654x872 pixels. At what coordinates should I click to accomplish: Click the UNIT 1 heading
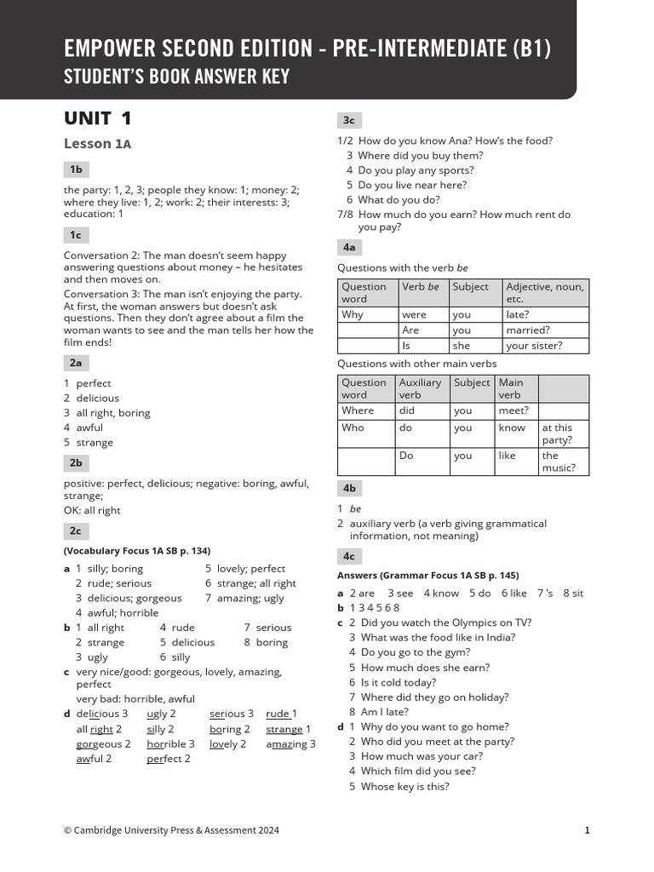(98, 118)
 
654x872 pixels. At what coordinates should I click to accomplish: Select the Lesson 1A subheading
(97, 144)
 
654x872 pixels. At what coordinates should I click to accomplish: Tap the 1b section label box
(76, 169)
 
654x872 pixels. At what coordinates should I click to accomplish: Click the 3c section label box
(349, 120)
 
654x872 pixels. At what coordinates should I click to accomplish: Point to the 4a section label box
(349, 247)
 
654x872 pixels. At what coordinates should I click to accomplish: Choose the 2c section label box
(76, 531)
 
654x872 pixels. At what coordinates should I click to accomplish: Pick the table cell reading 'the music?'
(559, 461)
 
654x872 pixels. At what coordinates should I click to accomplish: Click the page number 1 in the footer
(587, 830)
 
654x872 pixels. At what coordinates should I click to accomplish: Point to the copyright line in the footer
(171, 830)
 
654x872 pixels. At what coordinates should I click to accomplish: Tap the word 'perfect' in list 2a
(94, 383)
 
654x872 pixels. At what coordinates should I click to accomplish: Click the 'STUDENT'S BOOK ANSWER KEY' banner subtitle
(177, 77)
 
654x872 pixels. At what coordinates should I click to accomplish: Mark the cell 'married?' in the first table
(528, 330)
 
